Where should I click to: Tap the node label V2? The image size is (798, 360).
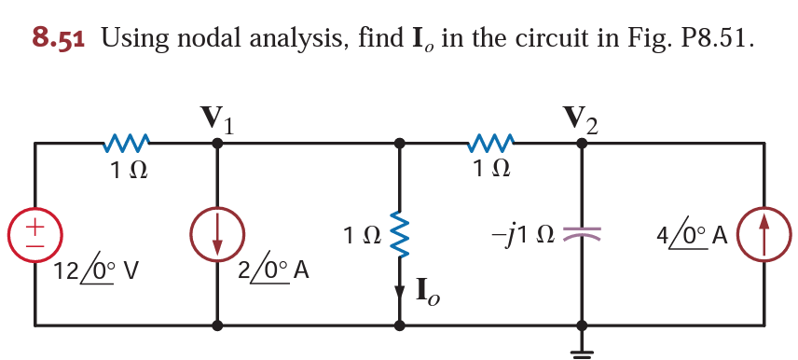(x=582, y=118)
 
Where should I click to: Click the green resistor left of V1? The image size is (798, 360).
(x=125, y=144)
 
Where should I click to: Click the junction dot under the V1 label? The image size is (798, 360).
(x=217, y=143)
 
